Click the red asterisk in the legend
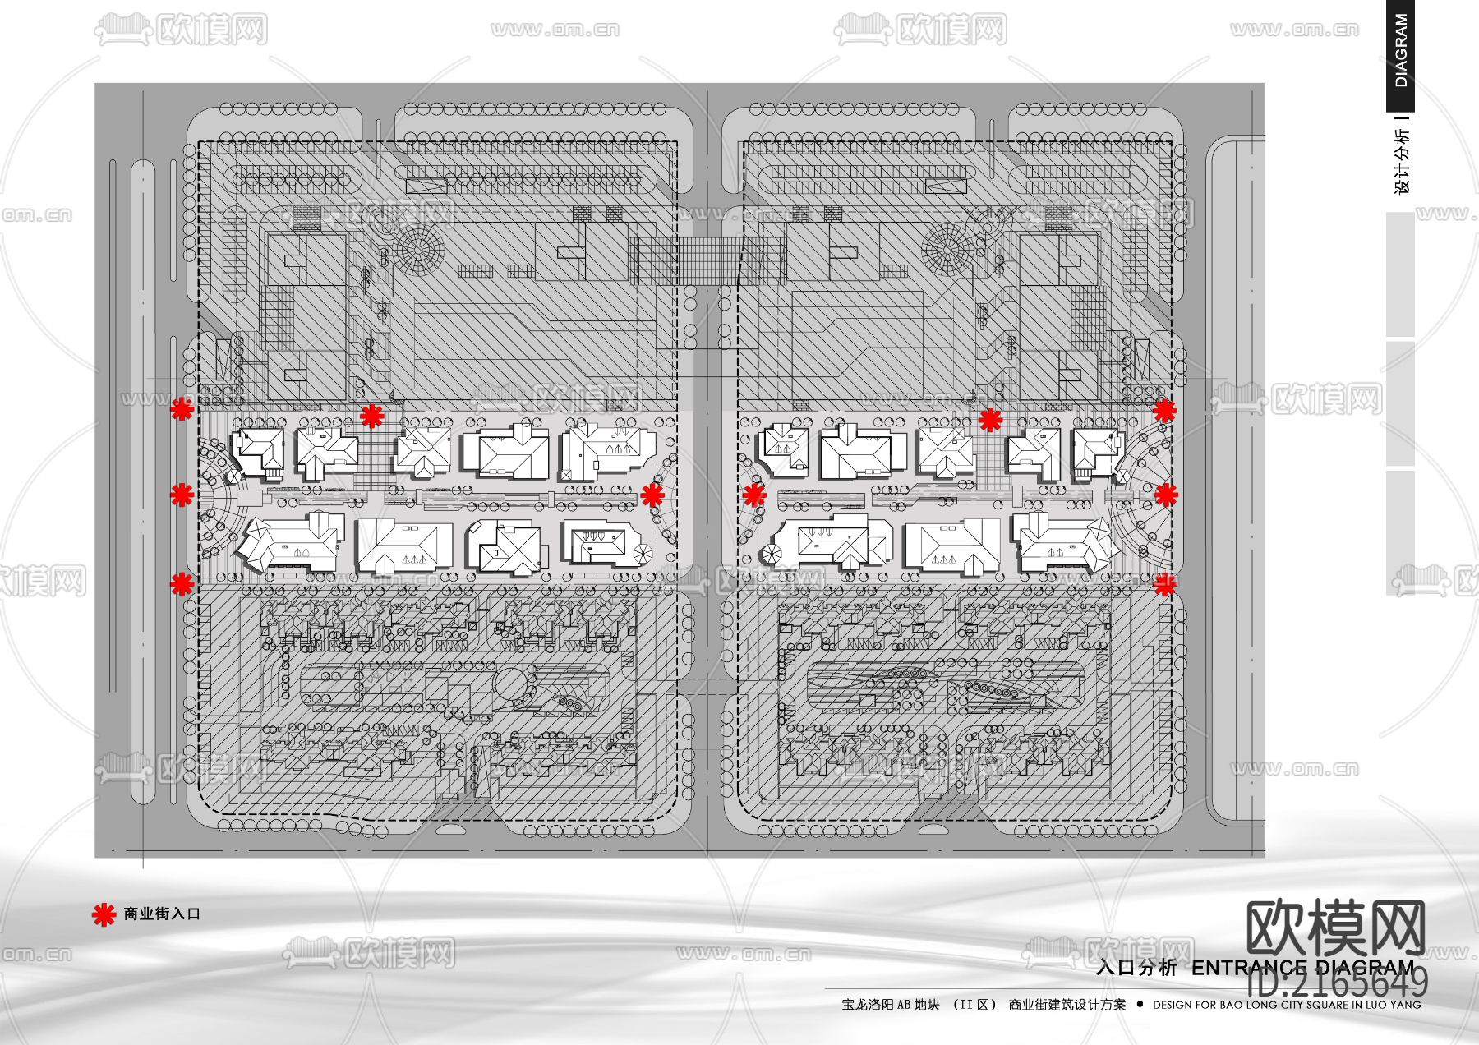[104, 914]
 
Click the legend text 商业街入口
[162, 914]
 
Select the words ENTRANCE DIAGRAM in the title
[1302, 968]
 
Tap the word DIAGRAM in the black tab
[1401, 51]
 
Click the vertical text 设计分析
[1402, 161]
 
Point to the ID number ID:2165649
[1337, 983]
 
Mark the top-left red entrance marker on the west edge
[182, 409]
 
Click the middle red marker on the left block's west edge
[182, 495]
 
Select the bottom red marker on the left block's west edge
[182, 584]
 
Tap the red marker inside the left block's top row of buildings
[372, 416]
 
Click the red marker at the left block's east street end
[652, 495]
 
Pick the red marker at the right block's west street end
[754, 495]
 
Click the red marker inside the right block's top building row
[991, 420]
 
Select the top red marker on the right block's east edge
[1164, 410]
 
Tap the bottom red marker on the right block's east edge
[1164, 584]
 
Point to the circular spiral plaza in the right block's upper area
[947, 249]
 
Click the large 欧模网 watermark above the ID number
[1335, 928]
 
